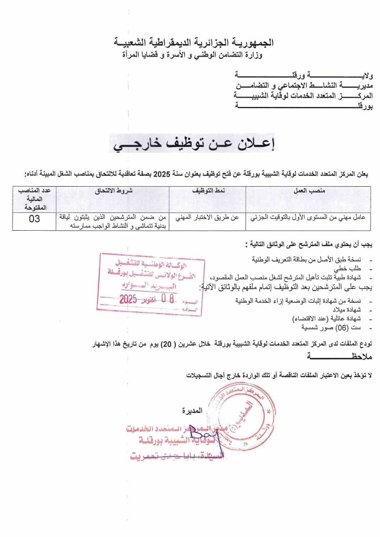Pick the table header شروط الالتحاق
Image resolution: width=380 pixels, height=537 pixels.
(112, 191)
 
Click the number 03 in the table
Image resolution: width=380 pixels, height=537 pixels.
(34, 219)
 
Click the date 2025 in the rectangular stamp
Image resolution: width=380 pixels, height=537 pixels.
(128, 299)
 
